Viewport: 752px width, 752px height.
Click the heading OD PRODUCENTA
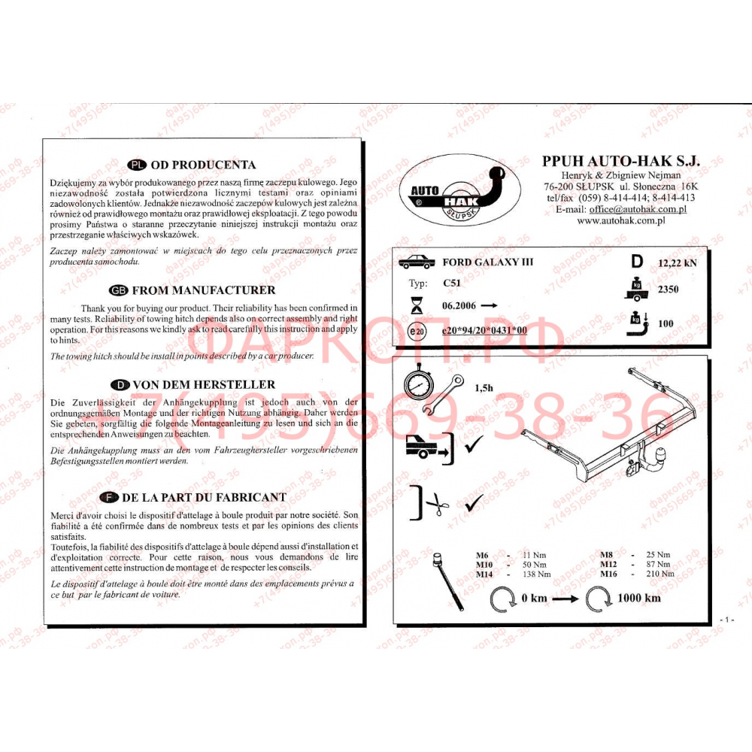click(x=203, y=165)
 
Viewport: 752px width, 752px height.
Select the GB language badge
click(x=119, y=290)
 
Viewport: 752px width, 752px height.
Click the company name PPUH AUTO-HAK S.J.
click(x=620, y=161)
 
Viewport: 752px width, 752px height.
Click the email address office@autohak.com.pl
click(x=638, y=209)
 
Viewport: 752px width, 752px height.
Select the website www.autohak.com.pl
click(x=623, y=221)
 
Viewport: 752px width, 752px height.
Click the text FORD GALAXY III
click(x=487, y=262)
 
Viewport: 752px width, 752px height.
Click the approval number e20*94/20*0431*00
click(x=484, y=330)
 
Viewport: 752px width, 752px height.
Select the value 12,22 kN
click(x=677, y=263)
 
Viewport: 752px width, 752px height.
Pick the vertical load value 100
click(x=666, y=323)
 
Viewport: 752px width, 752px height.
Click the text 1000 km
click(x=638, y=598)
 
